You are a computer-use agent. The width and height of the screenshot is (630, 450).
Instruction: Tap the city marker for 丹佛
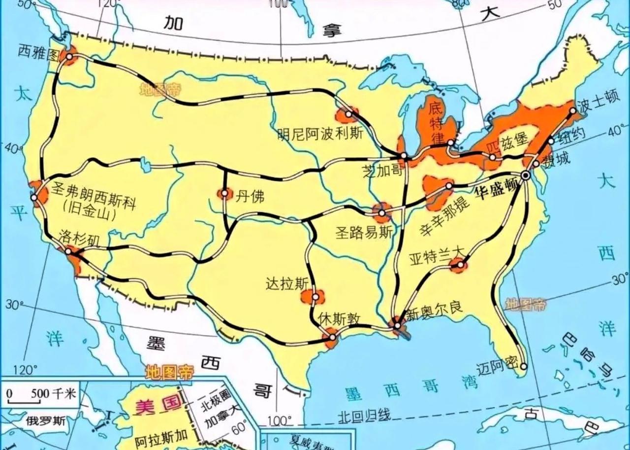(x=224, y=194)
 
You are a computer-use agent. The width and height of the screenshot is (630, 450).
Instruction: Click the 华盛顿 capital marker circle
(x=526, y=175)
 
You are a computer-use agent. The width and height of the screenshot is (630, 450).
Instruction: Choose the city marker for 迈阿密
(x=524, y=366)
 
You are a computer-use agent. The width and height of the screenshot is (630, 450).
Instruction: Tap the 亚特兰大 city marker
(x=460, y=265)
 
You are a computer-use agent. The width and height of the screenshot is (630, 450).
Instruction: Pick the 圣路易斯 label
(x=364, y=232)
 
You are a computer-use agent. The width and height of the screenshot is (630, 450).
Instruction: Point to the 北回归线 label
(x=364, y=415)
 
